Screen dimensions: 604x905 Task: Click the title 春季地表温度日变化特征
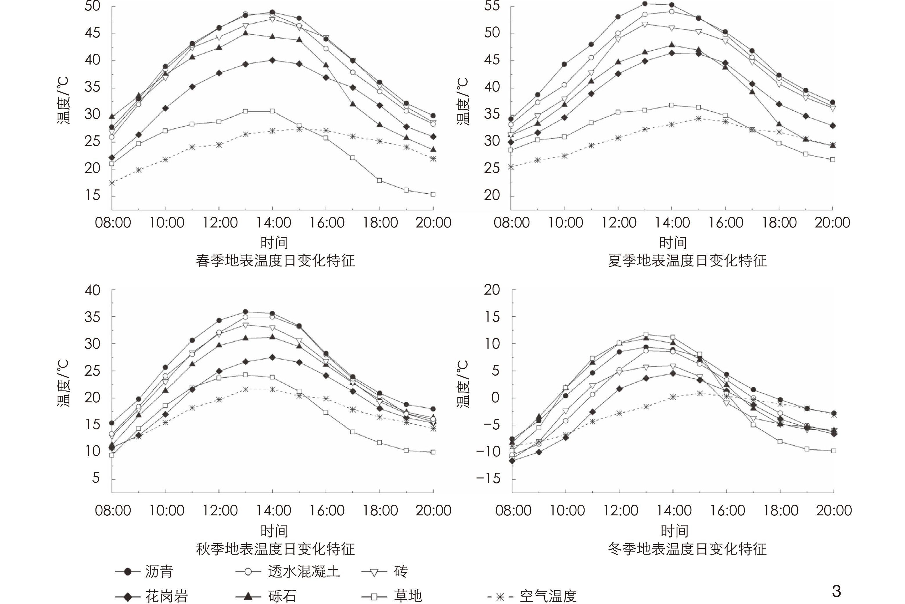[275, 261]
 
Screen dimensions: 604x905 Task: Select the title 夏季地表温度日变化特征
[687, 261]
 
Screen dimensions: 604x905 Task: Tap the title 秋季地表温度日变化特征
[275, 549]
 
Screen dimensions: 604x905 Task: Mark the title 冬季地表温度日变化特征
[687, 549]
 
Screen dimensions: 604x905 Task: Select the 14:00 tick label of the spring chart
[273, 223]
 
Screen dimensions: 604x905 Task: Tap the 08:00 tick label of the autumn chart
[113, 510]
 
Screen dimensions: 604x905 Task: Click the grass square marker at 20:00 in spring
[433, 195]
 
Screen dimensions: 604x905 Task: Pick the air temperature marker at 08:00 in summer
[511, 167]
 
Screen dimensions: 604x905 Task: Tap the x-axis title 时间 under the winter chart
[674, 531]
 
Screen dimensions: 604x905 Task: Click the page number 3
[836, 591]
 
